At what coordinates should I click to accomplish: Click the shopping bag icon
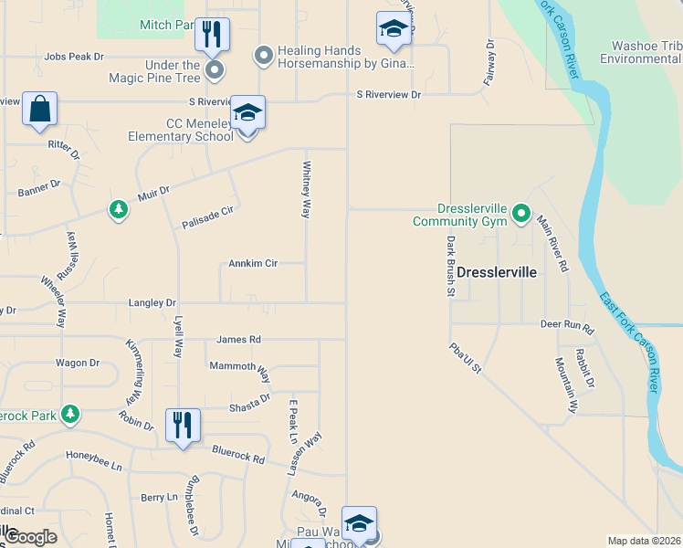[x=39, y=108]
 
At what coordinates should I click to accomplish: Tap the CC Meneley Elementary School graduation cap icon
[x=247, y=112]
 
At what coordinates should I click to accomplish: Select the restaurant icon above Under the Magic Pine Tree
[x=212, y=35]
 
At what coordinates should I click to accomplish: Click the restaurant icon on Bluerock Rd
[x=183, y=426]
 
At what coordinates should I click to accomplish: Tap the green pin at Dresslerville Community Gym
[x=521, y=213]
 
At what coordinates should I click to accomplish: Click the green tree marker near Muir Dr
[x=118, y=210]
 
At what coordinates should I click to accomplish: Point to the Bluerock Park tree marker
[x=70, y=416]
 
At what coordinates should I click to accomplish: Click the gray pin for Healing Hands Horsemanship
[x=264, y=57]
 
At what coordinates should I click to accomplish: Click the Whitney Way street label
[x=306, y=189]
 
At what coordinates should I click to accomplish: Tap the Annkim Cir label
[x=253, y=264]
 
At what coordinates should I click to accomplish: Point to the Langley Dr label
[x=152, y=302]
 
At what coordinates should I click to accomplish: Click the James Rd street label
[x=238, y=340]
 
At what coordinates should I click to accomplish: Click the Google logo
[x=32, y=537]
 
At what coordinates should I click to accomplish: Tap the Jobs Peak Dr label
[x=74, y=57]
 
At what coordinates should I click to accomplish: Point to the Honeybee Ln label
[x=93, y=455]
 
